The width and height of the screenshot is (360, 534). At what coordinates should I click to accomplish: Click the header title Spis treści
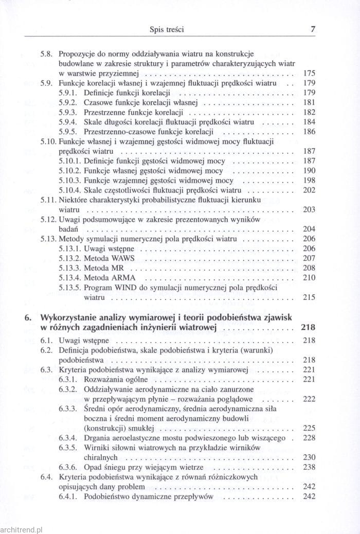tap(166, 30)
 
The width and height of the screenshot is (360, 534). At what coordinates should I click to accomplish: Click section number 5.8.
tap(46, 53)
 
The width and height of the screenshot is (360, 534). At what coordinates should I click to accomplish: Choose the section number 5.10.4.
tap(69, 191)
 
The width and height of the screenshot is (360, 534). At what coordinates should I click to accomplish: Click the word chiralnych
tap(101, 457)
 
